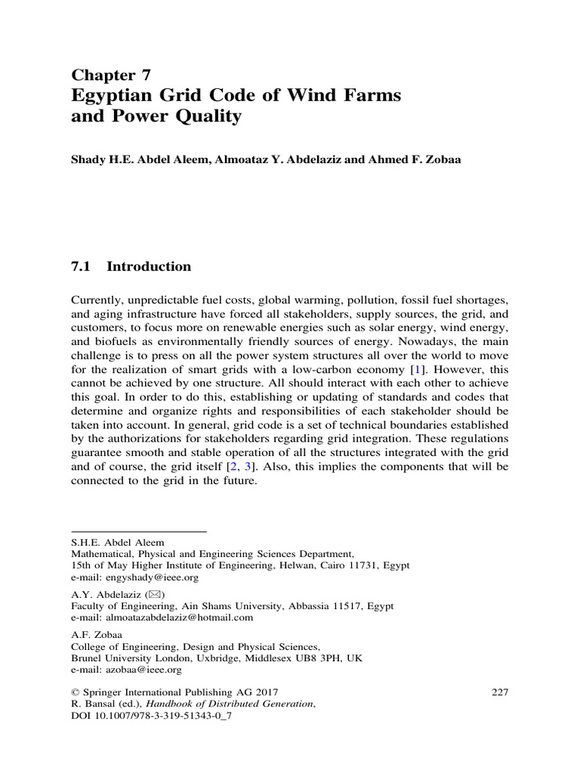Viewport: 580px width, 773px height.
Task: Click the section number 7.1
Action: [x=80, y=266]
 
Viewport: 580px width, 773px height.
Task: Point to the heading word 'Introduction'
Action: [x=149, y=266]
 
